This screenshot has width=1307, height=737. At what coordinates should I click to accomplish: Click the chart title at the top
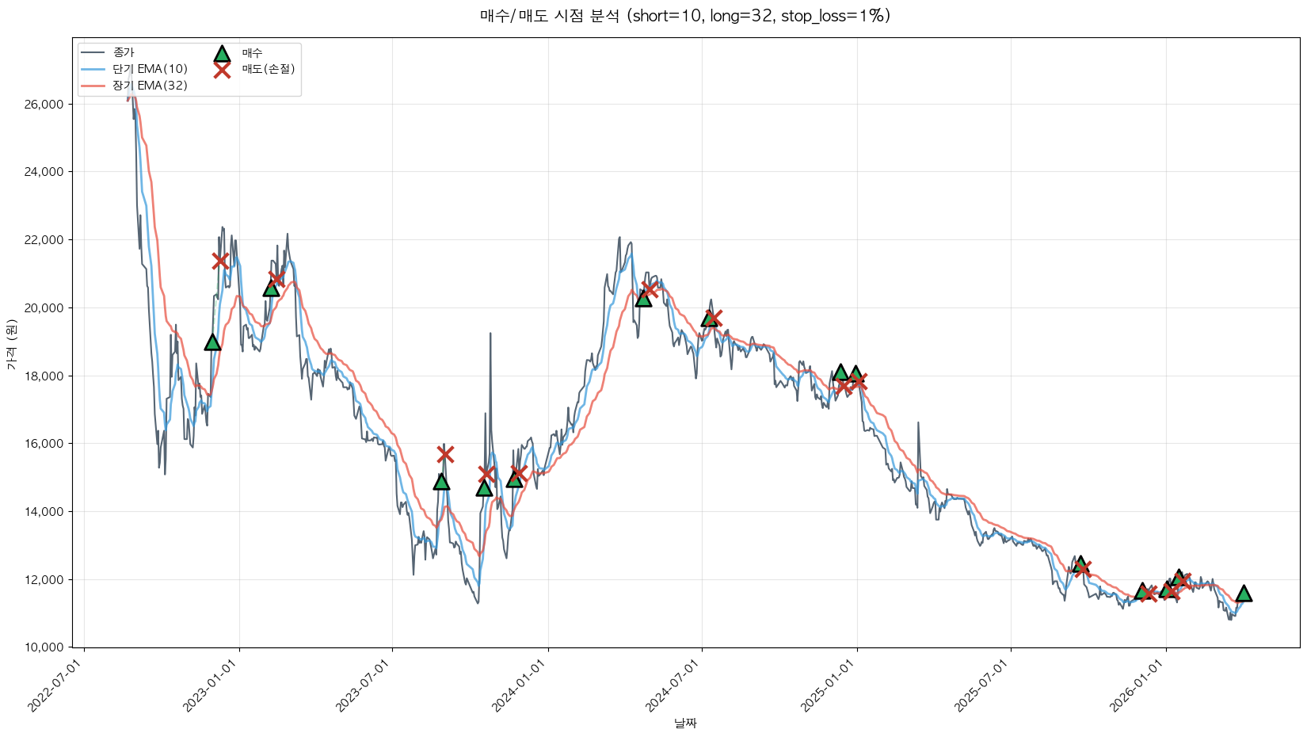(x=685, y=16)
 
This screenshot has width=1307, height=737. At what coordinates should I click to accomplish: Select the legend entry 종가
(x=124, y=52)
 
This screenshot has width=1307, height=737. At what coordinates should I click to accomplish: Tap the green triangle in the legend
(x=222, y=53)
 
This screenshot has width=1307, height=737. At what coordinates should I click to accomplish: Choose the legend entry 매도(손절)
(x=269, y=69)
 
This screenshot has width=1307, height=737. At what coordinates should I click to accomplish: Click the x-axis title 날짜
(x=685, y=723)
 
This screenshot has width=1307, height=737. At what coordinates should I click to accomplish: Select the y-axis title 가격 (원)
(x=11, y=345)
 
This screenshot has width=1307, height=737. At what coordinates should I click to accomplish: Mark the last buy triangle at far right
(x=1244, y=594)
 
